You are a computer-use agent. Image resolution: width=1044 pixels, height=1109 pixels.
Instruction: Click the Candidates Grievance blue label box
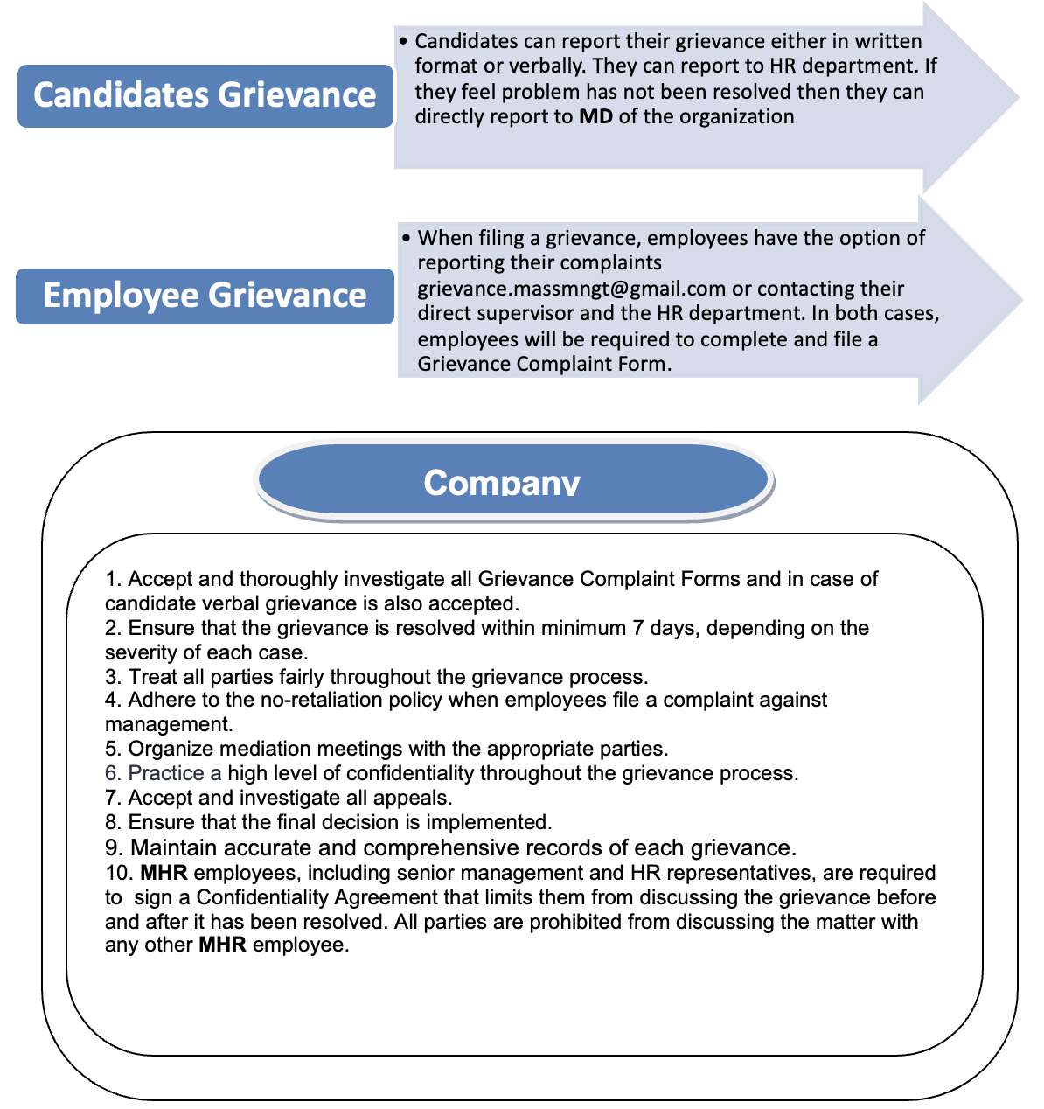[205, 95]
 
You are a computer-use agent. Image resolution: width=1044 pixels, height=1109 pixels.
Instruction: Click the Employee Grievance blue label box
[205, 296]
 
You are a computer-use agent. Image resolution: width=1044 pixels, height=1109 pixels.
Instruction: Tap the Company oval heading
[514, 480]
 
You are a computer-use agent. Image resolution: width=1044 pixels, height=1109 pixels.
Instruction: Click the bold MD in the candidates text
[595, 116]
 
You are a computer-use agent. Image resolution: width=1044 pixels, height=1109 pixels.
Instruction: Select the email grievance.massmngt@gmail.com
[572, 289]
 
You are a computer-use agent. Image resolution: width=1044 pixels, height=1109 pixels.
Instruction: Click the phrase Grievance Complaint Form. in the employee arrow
[544, 364]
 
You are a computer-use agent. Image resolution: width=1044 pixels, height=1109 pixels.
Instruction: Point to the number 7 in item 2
[637, 628]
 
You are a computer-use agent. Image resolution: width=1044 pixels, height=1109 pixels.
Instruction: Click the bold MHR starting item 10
[164, 873]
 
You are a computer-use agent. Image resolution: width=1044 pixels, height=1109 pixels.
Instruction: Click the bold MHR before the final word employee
[222, 945]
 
